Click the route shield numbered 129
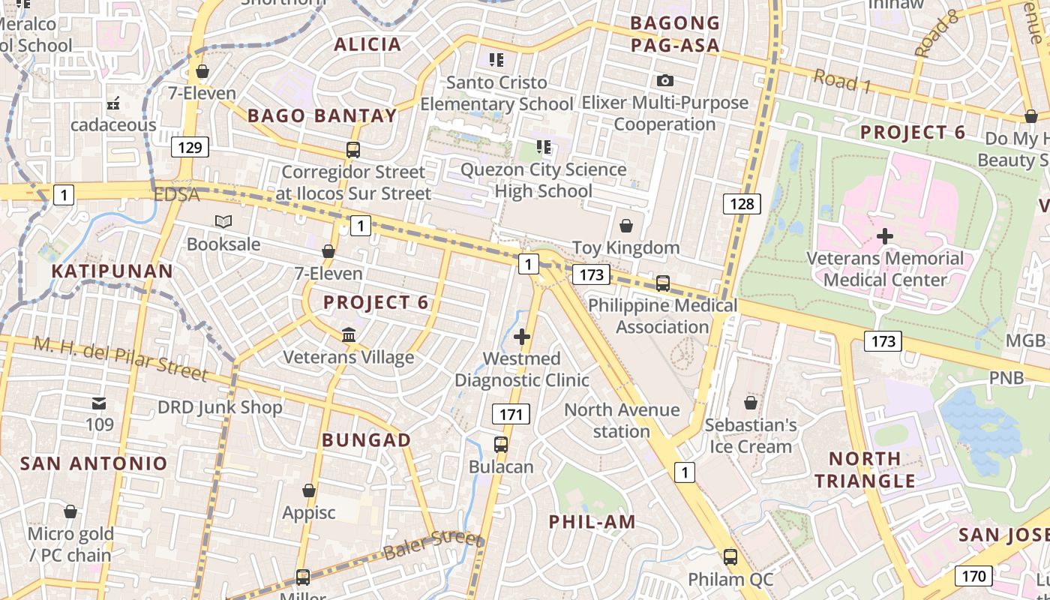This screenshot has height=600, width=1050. (190, 147)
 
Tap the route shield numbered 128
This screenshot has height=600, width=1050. (742, 203)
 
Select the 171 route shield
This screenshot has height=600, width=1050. (511, 413)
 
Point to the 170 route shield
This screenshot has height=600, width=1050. (973, 576)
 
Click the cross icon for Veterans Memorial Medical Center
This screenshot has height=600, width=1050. (885, 236)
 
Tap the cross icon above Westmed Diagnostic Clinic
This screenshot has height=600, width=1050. (522, 337)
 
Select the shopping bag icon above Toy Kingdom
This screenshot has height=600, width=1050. (625, 226)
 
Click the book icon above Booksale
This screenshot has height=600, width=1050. (223, 221)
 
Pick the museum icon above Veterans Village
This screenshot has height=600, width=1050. (349, 334)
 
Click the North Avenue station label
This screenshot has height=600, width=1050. (622, 420)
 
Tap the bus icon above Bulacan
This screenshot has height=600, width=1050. (501, 444)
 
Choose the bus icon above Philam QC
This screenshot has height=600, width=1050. (730, 557)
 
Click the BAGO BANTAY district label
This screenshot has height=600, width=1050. (322, 115)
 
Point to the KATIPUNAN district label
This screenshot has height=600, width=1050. (112, 271)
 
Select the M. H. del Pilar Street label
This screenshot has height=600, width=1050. (120, 358)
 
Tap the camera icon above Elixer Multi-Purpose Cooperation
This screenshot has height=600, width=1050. (664, 80)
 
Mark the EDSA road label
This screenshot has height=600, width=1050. (177, 195)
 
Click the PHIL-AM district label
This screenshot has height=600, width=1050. (592, 522)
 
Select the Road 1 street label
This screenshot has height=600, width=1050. (842, 81)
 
